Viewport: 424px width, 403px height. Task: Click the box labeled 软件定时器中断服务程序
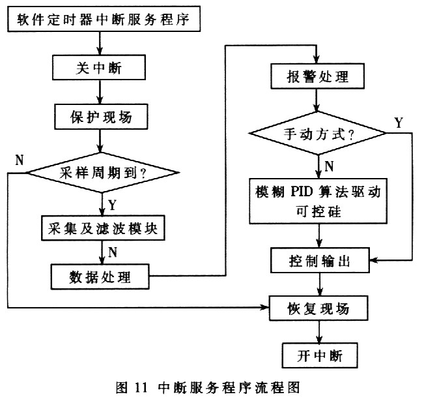point(104,19)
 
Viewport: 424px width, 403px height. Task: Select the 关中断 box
point(99,67)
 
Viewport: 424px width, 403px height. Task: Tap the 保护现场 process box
point(101,117)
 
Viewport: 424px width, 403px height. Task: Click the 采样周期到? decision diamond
point(102,173)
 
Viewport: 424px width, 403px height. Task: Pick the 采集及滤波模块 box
point(103,228)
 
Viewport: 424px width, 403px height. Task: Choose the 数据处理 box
point(100,277)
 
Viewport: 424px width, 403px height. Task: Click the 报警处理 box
point(317,76)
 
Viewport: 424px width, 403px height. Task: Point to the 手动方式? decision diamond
point(318,133)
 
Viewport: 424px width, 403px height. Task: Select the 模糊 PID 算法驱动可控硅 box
point(318,201)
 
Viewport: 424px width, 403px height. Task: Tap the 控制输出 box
point(320,260)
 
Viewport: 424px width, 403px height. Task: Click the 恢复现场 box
point(318,308)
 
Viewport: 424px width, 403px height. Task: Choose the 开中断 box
point(320,355)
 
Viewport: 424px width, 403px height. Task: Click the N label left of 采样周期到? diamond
point(20,160)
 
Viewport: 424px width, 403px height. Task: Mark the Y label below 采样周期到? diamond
point(112,205)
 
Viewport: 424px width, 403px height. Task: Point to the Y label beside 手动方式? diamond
point(399,123)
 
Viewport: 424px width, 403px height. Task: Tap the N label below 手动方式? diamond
point(329,166)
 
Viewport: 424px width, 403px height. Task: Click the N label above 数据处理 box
point(113,252)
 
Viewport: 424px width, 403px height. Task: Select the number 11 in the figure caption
point(141,387)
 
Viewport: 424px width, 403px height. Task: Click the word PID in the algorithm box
point(302,192)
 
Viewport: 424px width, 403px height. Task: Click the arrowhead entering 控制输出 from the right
point(374,260)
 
